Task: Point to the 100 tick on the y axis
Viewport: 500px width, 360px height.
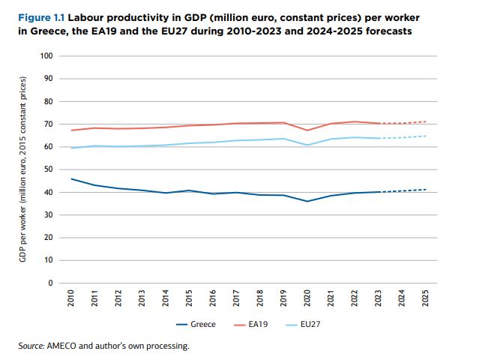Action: point(48,56)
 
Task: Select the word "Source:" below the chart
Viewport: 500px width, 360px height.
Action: point(32,346)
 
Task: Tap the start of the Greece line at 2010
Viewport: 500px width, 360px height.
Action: point(71,178)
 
